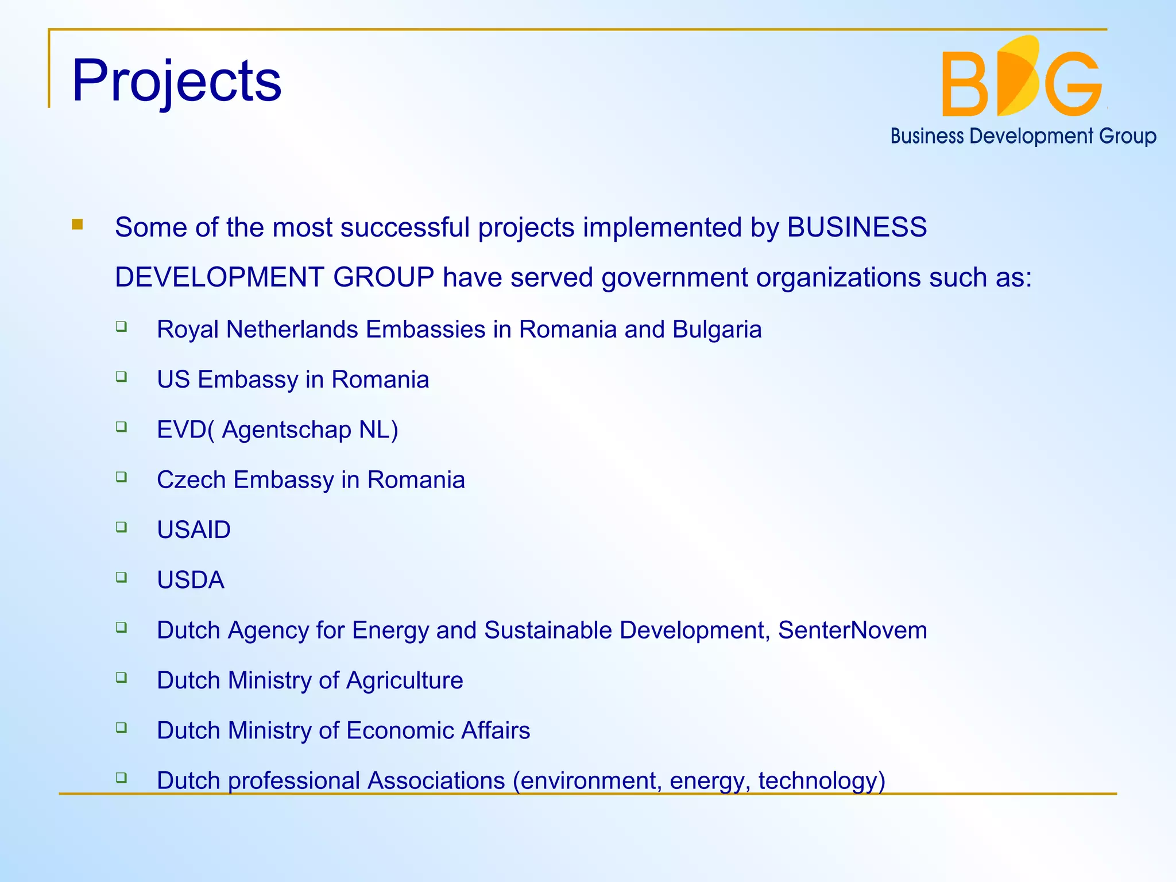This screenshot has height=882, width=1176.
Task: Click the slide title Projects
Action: pos(176,82)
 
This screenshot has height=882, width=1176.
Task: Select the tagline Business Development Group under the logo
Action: pos(1023,136)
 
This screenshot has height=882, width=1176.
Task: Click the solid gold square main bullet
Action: pos(78,225)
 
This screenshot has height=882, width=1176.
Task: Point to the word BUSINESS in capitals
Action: pos(856,227)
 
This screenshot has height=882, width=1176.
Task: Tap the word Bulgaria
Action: pos(717,330)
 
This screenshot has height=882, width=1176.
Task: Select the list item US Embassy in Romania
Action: pos(293,380)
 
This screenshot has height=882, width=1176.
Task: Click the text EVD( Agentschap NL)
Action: pos(277,430)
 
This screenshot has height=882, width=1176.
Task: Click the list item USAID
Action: pos(194,530)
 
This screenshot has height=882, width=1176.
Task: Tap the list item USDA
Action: pos(190,580)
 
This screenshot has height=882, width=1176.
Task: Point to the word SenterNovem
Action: pos(852,630)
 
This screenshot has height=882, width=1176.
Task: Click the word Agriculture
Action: pos(404,680)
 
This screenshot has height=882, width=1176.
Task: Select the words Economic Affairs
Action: pos(438,730)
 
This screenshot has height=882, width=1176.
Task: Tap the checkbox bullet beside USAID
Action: pos(121,527)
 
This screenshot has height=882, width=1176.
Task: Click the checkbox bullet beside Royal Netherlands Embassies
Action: pos(121,327)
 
